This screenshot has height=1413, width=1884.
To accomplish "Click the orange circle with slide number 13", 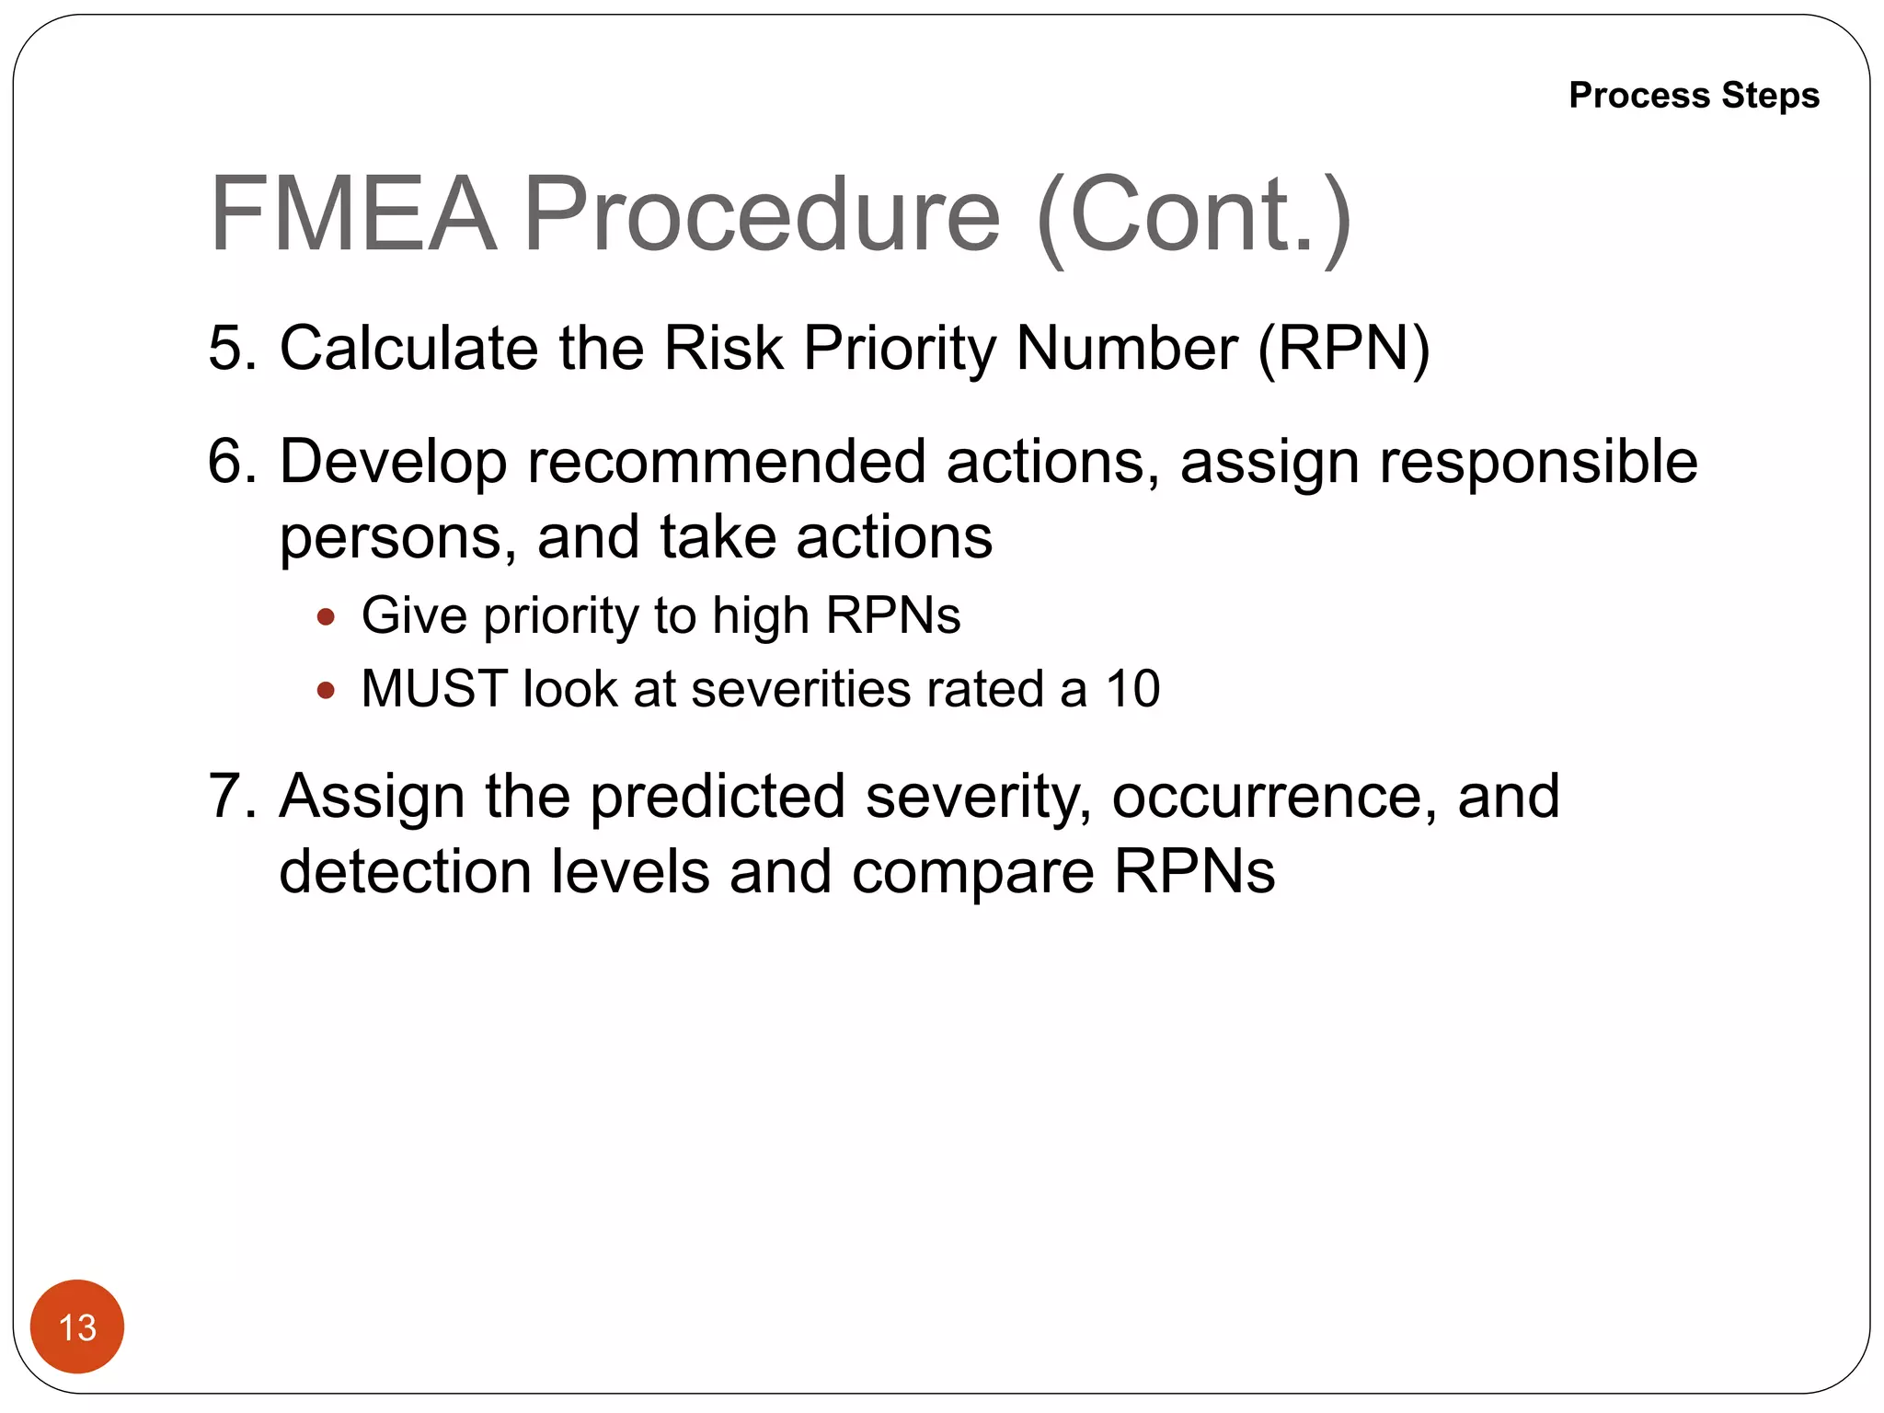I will pos(77,1327).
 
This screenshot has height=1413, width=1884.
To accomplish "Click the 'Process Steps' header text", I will pos(1694,96).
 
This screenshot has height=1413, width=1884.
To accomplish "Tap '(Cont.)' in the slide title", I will pos(1193,216).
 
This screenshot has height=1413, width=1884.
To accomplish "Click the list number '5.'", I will pos(233,349).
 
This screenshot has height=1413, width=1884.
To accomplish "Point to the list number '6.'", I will pos(233,462).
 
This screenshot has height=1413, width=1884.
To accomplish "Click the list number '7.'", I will pos(233,796).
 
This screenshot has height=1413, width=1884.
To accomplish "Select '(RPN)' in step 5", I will pos(1344,350).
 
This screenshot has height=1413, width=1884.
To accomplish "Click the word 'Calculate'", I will pos(408,349).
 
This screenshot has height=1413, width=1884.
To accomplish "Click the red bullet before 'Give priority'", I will pos(326,616).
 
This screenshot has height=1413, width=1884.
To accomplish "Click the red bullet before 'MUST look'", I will pos(326,690).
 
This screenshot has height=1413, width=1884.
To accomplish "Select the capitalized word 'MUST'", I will pos(433,689).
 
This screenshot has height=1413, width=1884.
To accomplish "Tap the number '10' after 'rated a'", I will pos(1132,689).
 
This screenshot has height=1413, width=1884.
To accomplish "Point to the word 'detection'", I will pos(405,872).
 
